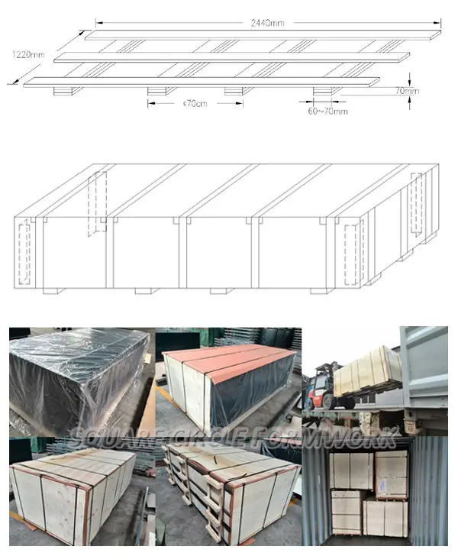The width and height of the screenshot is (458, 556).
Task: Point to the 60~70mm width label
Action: [329, 112]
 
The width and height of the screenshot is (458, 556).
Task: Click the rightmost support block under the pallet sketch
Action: [326, 92]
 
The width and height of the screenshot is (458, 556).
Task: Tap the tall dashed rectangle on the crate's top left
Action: [96, 202]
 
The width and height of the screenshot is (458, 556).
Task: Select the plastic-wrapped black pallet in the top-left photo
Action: [76, 374]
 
